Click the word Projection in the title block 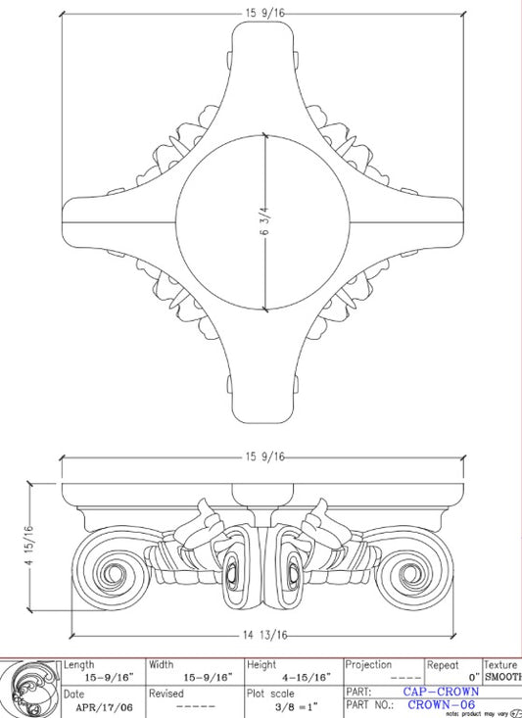368,665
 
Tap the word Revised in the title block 166,693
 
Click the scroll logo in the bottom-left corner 29,688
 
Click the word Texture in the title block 501,665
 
